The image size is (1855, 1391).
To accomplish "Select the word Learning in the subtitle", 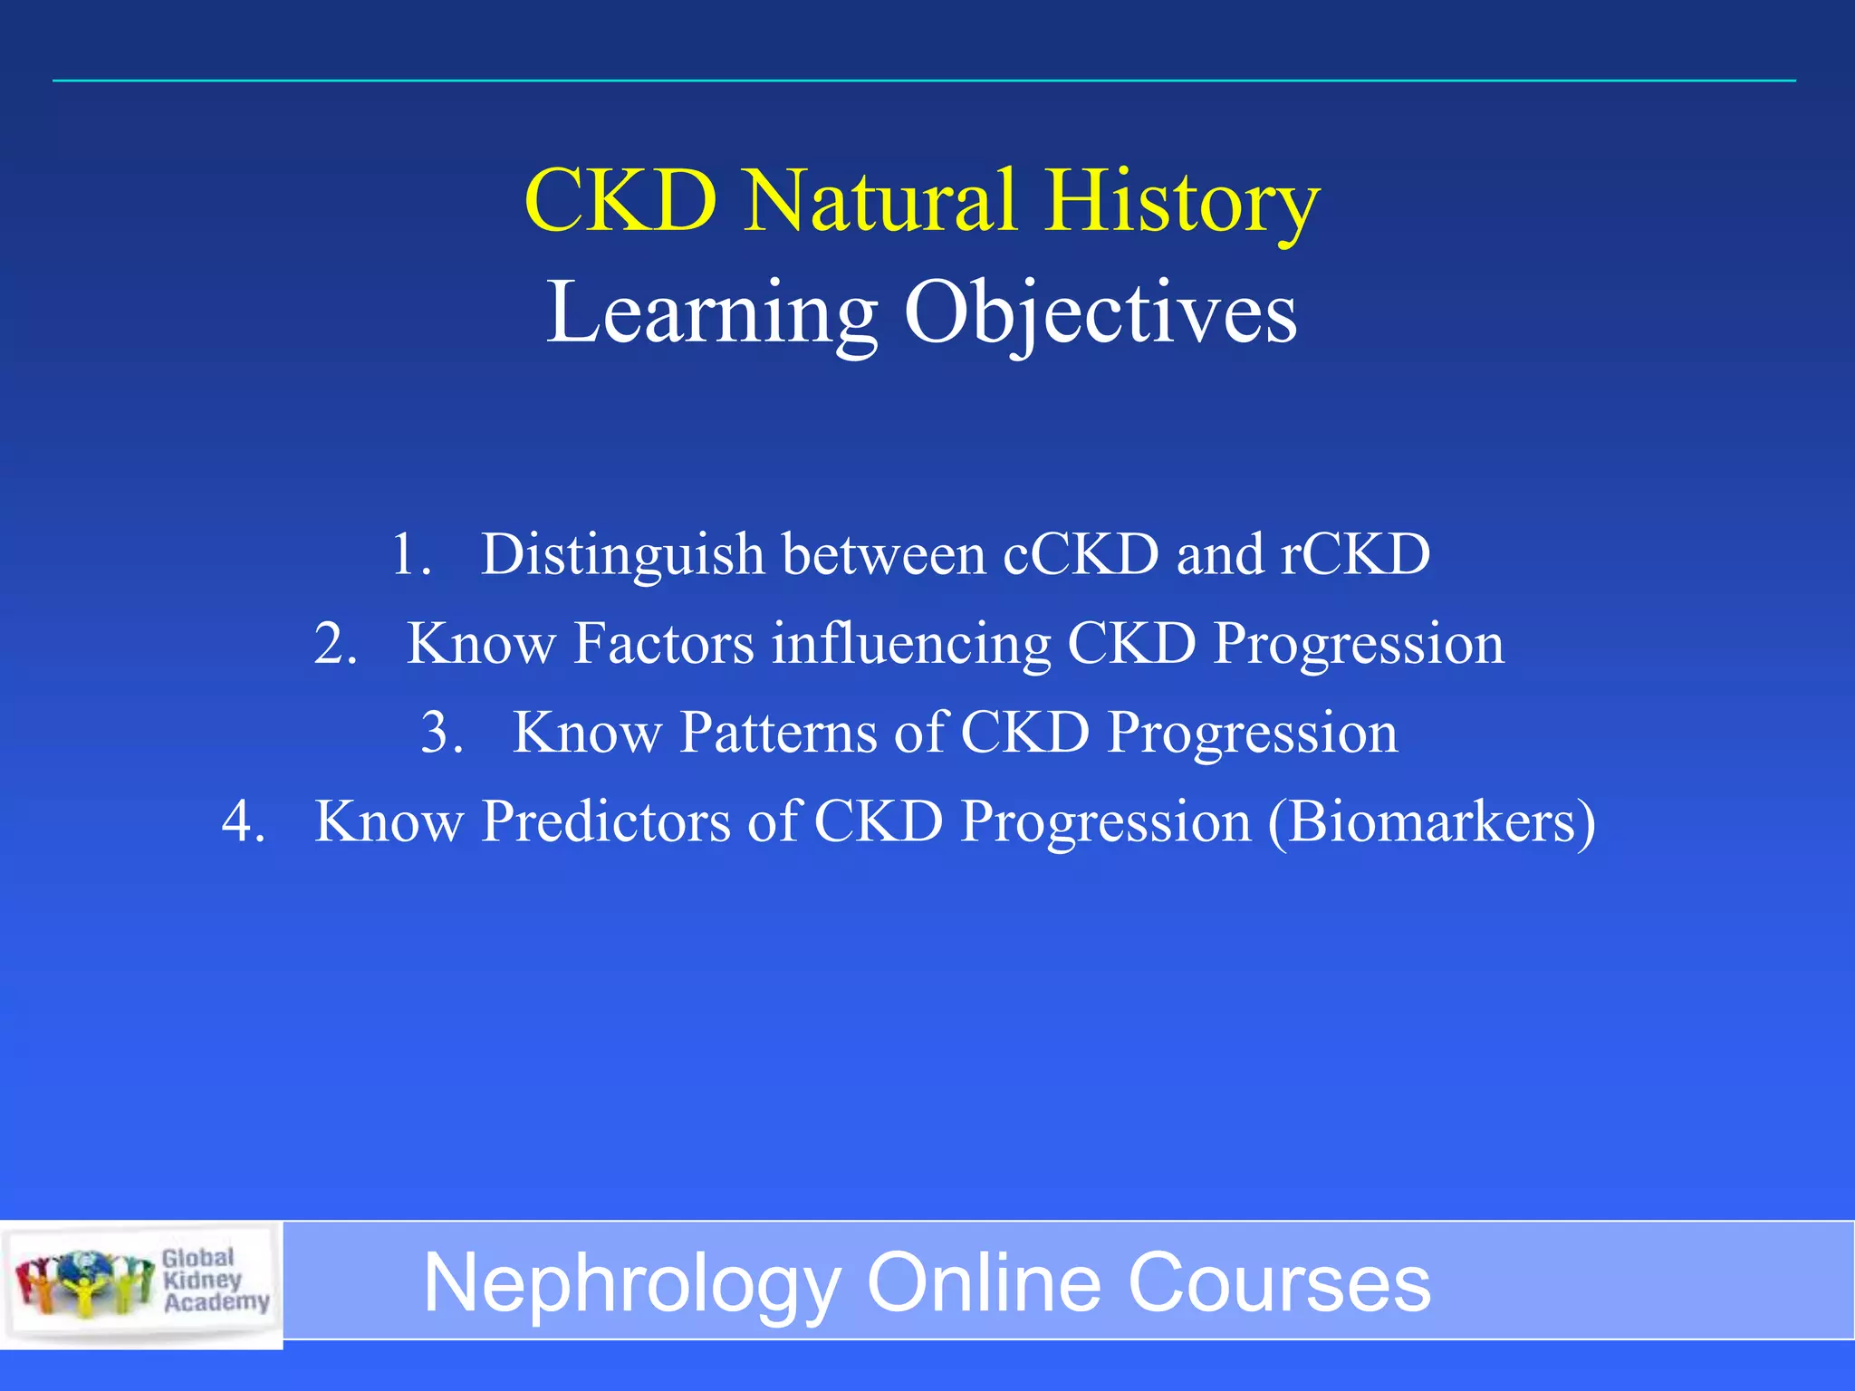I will tap(712, 313).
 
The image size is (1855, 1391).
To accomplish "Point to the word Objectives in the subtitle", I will tap(1101, 313).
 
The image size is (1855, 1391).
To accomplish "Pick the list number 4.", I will tap(243, 822).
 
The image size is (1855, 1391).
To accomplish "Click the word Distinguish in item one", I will tap(622, 555).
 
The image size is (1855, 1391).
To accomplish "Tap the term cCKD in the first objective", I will tap(1080, 554).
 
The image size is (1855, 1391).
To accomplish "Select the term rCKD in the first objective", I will tap(1355, 554).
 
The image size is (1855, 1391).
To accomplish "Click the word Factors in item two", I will tap(664, 644).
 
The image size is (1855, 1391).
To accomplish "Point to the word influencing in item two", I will tap(910, 644).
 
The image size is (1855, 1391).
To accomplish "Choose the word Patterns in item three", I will tap(778, 733).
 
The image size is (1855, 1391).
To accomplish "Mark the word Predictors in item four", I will tap(605, 822).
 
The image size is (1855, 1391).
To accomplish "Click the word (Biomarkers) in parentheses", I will tap(1431, 822).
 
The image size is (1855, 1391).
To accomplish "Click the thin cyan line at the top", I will tap(924, 81).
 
